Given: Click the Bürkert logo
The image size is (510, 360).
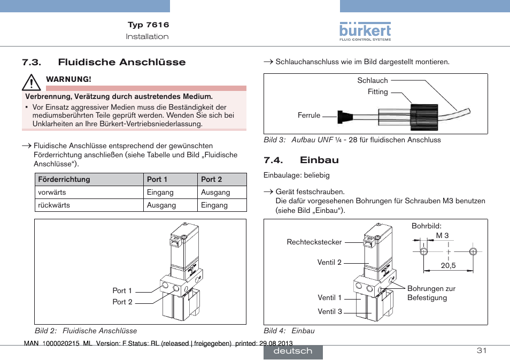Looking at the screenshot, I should pyautogui.click(x=365, y=32).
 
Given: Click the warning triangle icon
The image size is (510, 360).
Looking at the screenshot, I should pyautogui.click(x=32, y=82).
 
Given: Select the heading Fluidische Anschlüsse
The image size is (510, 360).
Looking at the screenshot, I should pyautogui.click(x=122, y=62).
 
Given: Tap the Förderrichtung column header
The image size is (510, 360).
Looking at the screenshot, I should pyautogui.click(x=64, y=179).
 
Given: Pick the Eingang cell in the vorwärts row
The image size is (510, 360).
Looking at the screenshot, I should pyautogui.click(x=160, y=192).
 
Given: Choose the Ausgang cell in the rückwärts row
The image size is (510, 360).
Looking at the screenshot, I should pyautogui.click(x=161, y=205).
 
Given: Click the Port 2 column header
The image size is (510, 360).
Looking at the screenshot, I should pyautogui.click(x=212, y=179).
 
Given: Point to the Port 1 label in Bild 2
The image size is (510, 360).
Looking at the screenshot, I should pyautogui.click(x=122, y=290).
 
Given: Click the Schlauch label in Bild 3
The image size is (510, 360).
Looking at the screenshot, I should pyautogui.click(x=373, y=80).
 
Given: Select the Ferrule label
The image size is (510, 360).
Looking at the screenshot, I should pyautogui.click(x=309, y=115).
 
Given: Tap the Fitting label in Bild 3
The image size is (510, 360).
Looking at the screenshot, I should pyautogui.click(x=377, y=91).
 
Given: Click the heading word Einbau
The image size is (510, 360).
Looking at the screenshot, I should pyautogui.click(x=319, y=160).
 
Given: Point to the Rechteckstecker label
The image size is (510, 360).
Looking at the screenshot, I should pyautogui.click(x=314, y=242).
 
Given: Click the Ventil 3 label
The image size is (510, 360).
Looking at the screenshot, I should pyautogui.click(x=329, y=311).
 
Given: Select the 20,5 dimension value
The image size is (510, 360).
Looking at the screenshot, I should pyautogui.click(x=448, y=265).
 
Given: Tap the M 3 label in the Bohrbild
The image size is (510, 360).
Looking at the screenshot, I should pyautogui.click(x=442, y=235).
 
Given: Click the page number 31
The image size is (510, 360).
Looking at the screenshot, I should pyautogui.click(x=481, y=350).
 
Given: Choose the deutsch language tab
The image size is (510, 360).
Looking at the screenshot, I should pyautogui.click(x=292, y=351).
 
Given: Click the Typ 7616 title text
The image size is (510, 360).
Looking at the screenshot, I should pyautogui.click(x=148, y=25).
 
